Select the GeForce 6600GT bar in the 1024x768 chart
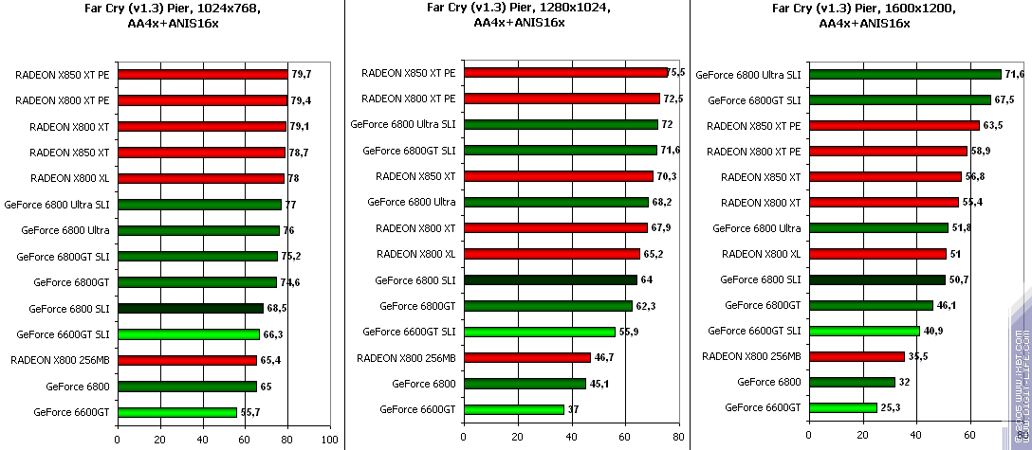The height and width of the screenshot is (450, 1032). [176, 412]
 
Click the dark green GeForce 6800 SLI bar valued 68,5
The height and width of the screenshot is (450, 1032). [190, 308]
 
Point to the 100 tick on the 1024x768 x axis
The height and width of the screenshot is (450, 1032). [329, 441]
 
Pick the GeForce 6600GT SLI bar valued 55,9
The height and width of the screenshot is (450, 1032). [539, 332]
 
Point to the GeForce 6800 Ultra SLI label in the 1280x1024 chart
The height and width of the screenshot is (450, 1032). [403, 124]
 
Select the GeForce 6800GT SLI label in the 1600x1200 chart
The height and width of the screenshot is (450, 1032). [754, 99]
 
